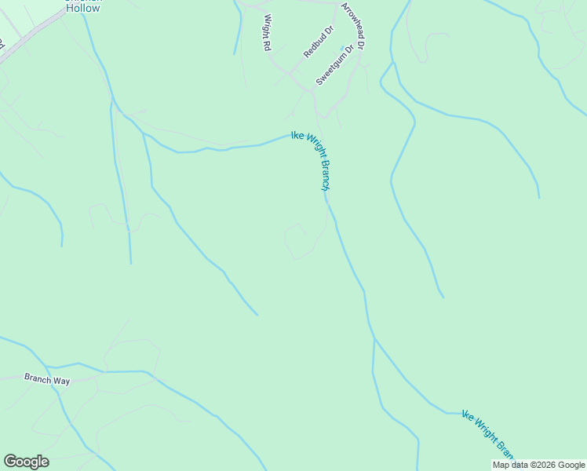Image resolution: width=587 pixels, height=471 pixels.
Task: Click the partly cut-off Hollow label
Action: click(x=82, y=7)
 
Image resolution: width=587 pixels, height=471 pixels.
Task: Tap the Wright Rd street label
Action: click(x=267, y=32)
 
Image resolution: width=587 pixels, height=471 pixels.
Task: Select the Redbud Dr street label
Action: click(x=319, y=42)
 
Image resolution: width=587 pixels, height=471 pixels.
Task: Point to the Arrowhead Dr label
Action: click(x=353, y=27)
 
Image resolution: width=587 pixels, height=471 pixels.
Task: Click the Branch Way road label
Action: click(x=47, y=379)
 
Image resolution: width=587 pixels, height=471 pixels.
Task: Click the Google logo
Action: click(x=26, y=462)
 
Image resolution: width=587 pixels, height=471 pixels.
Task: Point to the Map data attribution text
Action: click(x=538, y=465)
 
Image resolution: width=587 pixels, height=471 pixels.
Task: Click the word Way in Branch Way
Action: click(x=61, y=380)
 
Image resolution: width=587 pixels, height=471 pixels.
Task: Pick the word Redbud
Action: click(x=315, y=46)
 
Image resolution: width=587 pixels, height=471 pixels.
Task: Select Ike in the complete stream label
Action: click(x=297, y=135)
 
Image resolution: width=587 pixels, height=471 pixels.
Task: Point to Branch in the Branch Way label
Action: click(x=38, y=378)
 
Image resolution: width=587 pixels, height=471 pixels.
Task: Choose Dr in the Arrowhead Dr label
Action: click(x=361, y=46)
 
